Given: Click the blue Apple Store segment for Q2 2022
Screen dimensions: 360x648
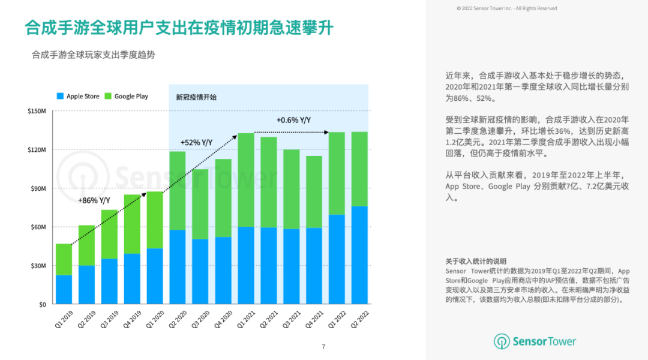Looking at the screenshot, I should pos(359,256).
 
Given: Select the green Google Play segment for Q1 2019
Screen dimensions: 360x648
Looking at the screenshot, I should pos(64,259).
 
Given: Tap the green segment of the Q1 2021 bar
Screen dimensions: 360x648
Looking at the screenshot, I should pos(246,180).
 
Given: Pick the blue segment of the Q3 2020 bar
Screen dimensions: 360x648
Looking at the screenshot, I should pos(200,272).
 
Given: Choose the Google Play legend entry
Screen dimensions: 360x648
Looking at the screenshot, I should pos(126,96).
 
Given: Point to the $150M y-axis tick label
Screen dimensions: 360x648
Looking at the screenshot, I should pos(37,111).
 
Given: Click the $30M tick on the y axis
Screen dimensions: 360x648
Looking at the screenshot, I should pos(38,266).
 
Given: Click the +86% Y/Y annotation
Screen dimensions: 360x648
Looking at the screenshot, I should pos(94,200).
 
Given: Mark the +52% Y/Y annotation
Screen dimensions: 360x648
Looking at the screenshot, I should pos(196,142).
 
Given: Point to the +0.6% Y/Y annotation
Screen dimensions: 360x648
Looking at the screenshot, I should pos(293,121).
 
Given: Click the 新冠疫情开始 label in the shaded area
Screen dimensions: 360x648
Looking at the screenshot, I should pos(196,97).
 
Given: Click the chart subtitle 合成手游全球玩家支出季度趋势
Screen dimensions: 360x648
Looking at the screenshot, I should pos(93,55).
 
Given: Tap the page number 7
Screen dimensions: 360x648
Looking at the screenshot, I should pos(323,347).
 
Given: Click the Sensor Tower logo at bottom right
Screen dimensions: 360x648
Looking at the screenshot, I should pos(535,341).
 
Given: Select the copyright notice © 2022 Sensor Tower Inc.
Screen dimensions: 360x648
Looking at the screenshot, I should pos(506,8).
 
